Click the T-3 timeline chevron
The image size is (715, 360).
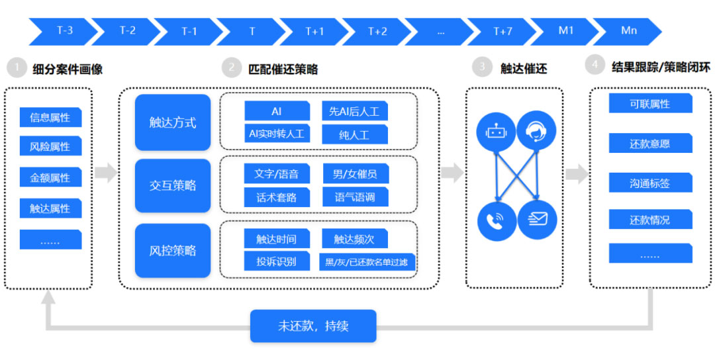(63, 32)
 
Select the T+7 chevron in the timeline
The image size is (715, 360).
(502, 32)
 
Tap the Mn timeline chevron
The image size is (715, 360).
(628, 32)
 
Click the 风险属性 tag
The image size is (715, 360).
(50, 147)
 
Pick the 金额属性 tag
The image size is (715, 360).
(50, 177)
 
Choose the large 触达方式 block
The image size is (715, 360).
(173, 122)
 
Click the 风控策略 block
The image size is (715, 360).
(173, 250)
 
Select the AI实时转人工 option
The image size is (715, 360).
(277, 134)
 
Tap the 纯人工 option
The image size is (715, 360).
(355, 135)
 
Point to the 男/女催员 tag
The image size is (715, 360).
(356, 173)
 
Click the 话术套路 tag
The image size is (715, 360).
(277, 198)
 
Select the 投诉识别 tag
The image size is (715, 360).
(277, 261)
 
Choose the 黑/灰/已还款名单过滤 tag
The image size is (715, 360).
(367, 262)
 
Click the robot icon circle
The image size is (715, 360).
(497, 132)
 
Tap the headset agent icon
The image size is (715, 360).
(536, 131)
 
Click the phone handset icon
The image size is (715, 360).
(497, 221)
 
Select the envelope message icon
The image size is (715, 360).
(537, 220)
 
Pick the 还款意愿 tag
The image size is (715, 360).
(650, 144)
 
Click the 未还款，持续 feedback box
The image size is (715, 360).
(313, 326)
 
